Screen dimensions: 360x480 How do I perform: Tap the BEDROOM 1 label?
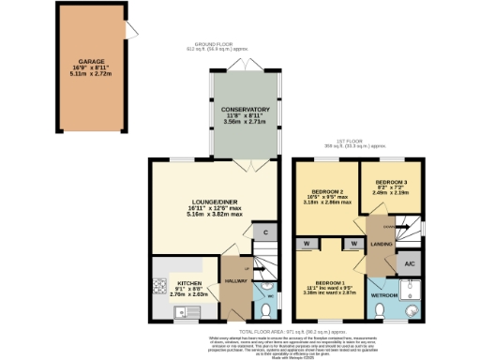coord(335,282)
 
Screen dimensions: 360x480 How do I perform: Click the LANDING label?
coord(382,245)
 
